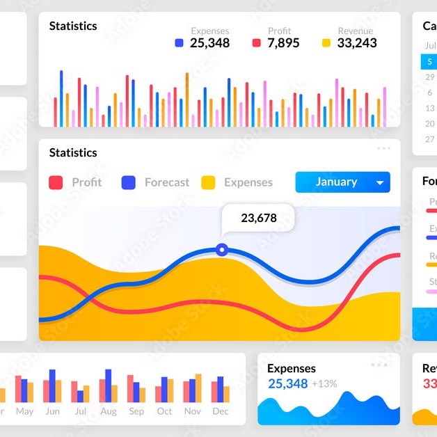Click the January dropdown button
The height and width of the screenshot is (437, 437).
click(342, 182)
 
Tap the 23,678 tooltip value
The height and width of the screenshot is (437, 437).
click(259, 218)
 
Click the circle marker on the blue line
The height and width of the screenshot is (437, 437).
click(221, 249)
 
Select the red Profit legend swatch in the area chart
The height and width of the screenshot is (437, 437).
click(56, 183)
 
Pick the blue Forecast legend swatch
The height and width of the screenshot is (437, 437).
click(128, 183)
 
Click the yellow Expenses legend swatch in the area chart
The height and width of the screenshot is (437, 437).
click(208, 183)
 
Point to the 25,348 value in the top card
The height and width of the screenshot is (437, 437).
click(209, 43)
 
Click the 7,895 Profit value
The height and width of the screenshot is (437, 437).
click(283, 43)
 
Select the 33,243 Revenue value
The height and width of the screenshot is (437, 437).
click(357, 43)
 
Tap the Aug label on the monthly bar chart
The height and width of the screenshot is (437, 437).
click(109, 411)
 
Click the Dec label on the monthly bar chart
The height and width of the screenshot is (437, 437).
click(221, 411)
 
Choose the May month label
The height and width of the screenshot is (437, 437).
click(24, 411)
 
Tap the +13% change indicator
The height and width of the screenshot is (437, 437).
click(324, 383)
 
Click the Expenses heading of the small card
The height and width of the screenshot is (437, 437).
click(292, 369)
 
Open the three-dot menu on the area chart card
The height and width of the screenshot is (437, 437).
click(383, 148)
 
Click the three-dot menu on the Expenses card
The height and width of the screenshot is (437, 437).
click(379, 365)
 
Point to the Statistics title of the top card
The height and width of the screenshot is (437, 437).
click(73, 26)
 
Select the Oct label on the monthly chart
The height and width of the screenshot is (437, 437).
click(164, 411)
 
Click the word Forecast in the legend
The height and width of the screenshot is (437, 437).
click(167, 182)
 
